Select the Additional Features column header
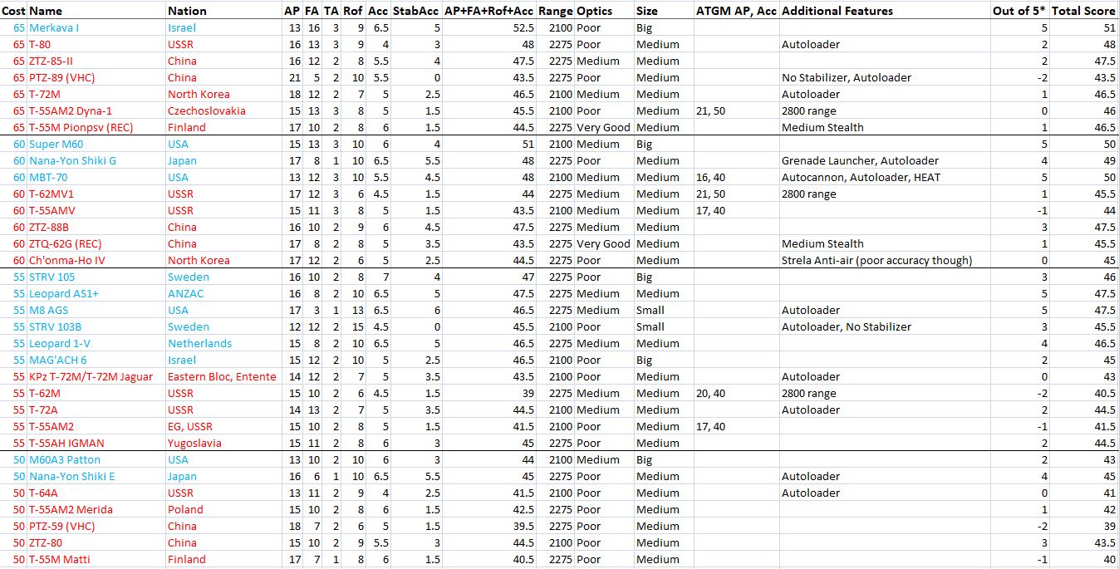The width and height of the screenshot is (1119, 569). tap(837, 11)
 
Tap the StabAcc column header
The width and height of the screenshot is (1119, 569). tap(415, 11)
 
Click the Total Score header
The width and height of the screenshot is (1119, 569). tap(1082, 11)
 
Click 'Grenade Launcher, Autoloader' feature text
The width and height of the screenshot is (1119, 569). tap(860, 160)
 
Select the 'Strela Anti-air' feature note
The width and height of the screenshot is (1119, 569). tap(876, 260)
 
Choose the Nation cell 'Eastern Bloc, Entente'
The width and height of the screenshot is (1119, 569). tap(222, 376)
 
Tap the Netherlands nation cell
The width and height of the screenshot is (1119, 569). tap(199, 343)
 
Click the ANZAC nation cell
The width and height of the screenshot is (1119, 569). tap(186, 293)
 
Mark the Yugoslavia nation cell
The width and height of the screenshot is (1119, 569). tap(194, 443)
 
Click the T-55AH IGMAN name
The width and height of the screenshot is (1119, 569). tap(66, 443)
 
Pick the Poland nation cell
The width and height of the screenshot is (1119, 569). tap(185, 509)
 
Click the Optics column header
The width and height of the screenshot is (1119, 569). tap(595, 11)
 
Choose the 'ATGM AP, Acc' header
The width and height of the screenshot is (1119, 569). tap(735, 11)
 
